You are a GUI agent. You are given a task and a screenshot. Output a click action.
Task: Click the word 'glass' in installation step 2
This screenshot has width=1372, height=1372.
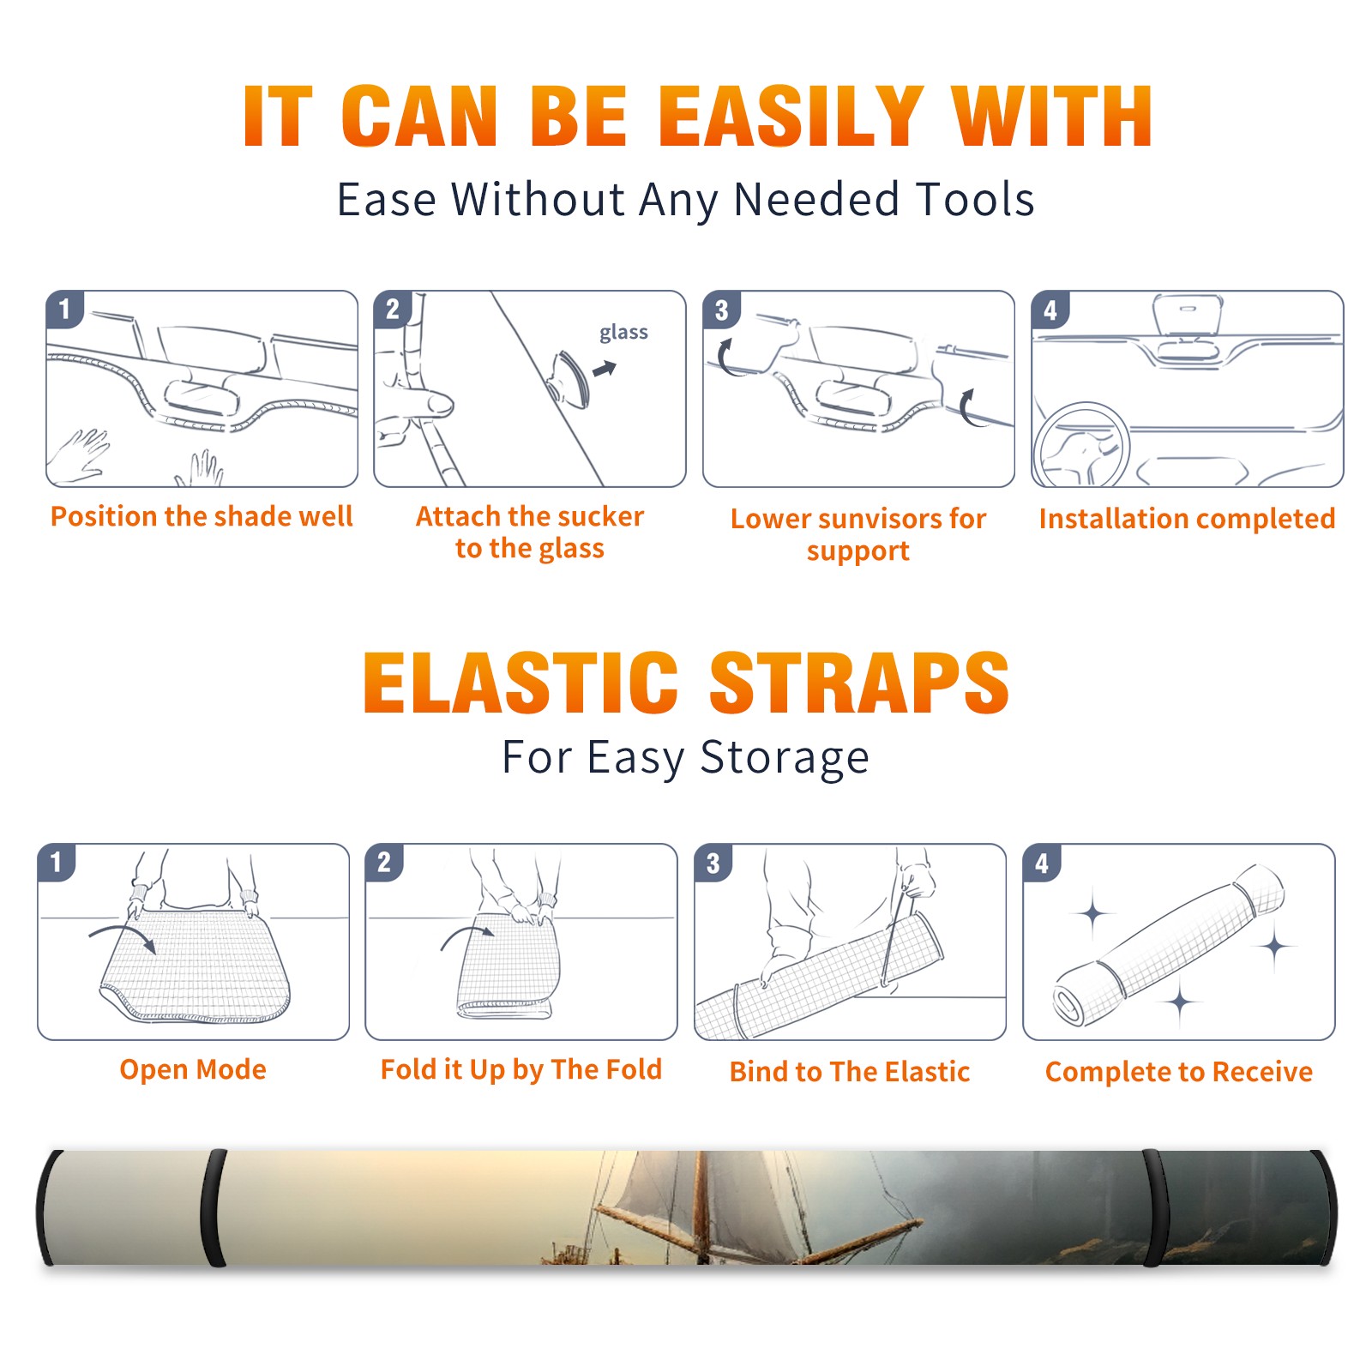(x=623, y=333)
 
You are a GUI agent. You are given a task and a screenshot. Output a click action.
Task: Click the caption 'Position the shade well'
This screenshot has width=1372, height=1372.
(x=202, y=517)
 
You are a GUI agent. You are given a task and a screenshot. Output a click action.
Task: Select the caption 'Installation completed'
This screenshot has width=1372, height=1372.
(x=1187, y=519)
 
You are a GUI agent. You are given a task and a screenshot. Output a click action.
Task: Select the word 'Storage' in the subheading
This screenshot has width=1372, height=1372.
(x=785, y=758)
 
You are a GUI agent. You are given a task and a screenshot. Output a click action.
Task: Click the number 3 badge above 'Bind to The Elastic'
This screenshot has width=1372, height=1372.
(x=713, y=863)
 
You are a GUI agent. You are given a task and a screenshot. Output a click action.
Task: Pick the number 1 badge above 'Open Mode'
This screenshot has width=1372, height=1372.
(x=57, y=863)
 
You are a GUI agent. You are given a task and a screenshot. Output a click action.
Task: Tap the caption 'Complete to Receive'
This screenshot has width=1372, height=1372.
(x=1179, y=1072)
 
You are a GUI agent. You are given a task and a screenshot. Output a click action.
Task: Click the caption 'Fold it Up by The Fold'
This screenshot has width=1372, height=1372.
(x=521, y=1070)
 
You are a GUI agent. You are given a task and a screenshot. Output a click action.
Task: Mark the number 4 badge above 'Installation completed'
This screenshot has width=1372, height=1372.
(x=1050, y=310)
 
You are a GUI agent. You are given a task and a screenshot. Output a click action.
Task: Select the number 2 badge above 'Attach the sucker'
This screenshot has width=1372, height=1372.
(x=393, y=310)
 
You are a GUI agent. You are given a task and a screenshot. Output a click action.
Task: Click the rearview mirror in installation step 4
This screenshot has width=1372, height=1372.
(x=1188, y=316)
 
